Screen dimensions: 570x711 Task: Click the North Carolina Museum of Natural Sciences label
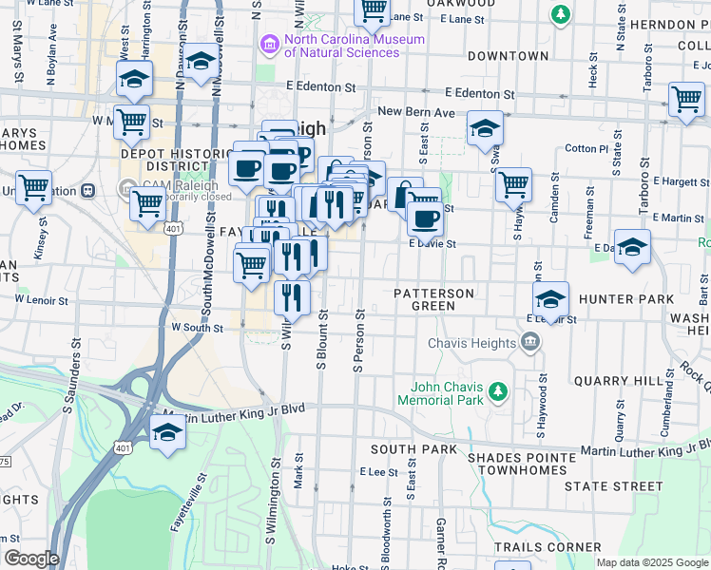pos(354,46)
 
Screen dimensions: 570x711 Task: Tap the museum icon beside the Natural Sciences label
pos(270,45)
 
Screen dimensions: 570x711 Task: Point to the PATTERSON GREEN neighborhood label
pos(433,299)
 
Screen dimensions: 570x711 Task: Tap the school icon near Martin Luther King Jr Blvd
pos(168,432)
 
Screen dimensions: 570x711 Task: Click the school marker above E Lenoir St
pos(550,299)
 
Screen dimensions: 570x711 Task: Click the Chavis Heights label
pos(471,343)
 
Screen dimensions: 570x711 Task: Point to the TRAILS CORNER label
pos(548,547)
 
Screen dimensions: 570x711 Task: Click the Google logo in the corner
pos(31,559)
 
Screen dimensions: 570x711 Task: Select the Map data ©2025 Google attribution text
pos(652,562)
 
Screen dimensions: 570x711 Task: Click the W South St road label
pos(197,328)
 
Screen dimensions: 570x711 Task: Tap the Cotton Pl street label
pos(586,149)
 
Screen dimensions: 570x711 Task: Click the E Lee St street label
pos(378,471)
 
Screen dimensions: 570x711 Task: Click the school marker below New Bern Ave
pos(485,128)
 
